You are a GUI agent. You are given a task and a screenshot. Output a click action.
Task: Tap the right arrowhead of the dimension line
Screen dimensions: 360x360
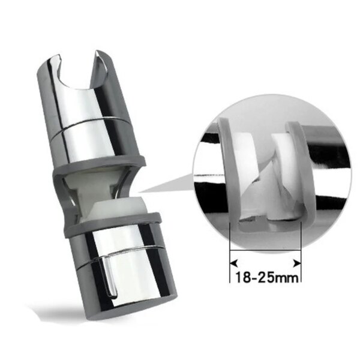coord(298,262)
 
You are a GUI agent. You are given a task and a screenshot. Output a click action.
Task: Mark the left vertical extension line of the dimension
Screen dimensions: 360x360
coord(230,252)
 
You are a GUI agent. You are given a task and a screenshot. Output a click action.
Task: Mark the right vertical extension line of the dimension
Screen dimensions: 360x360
coord(301,252)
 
